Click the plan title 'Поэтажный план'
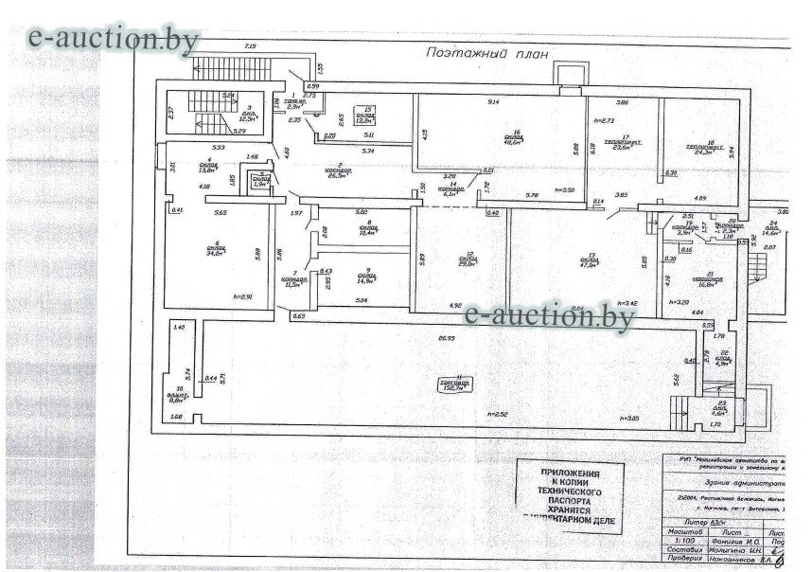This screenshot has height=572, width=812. coord(486,53)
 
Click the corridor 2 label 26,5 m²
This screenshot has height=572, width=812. coord(338,171)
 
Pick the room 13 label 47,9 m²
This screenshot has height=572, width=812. coord(591,261)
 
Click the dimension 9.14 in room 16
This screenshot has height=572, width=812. coord(493,100)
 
